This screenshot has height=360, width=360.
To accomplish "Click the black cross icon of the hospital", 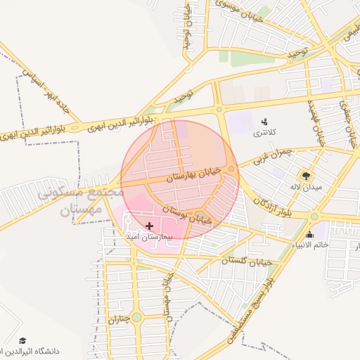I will (x=150, y=226).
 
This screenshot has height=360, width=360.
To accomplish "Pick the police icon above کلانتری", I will (x=264, y=121).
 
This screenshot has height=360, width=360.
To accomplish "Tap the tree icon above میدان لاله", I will (x=305, y=174).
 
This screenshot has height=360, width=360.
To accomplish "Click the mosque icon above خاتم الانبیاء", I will (x=310, y=234).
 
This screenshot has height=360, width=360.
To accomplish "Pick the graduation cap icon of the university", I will (x=23, y=340).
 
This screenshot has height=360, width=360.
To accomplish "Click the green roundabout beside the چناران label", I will (x=136, y=318).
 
